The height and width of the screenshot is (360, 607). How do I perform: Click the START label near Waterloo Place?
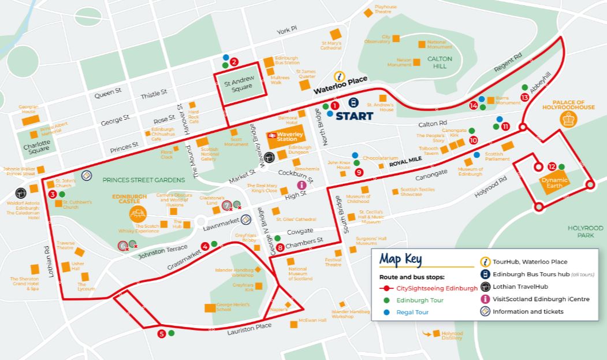point(355,116)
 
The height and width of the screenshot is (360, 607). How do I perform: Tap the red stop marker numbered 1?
point(334,106)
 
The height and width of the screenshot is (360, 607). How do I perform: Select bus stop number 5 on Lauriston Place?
point(162,333)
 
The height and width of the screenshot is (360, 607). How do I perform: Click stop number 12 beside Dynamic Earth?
point(552,166)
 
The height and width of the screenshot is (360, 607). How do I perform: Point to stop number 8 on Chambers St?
point(280,248)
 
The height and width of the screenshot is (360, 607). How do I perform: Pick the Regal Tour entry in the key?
point(412,312)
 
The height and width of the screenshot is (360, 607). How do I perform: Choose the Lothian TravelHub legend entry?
point(520,287)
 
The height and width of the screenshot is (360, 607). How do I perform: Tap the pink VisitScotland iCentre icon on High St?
point(301,185)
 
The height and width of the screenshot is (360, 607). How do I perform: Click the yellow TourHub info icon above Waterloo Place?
point(341,76)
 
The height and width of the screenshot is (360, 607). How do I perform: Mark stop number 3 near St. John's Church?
point(53,194)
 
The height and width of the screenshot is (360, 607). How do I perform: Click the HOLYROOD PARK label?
point(585,232)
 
